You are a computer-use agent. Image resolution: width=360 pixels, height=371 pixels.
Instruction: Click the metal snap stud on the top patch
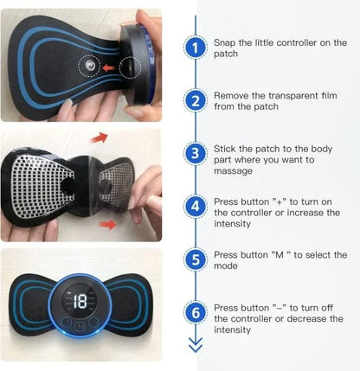[x=89, y=65]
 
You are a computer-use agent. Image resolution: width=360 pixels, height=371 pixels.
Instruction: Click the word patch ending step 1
[x=228, y=54]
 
